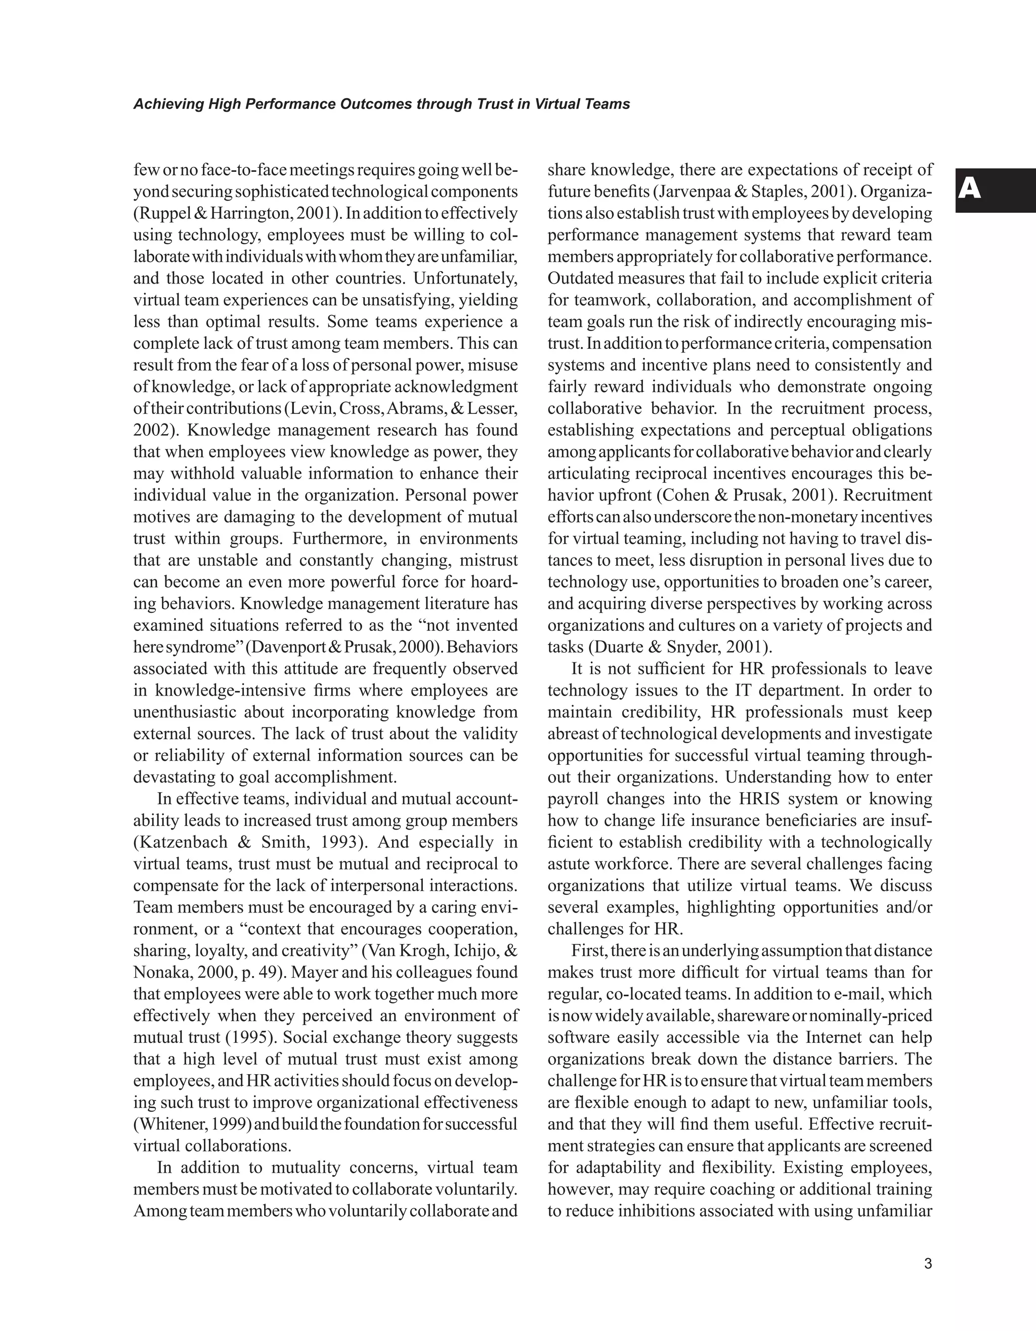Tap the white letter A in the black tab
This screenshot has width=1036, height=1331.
click(970, 190)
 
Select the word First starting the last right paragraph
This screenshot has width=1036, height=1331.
click(588, 951)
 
